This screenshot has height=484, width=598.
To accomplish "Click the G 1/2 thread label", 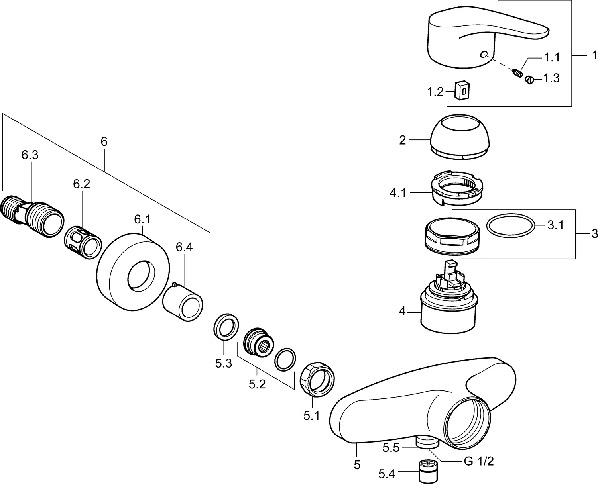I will [479, 461].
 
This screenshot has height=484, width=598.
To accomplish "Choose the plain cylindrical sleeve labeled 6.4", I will [183, 301].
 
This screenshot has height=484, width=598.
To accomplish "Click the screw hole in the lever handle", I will [484, 55].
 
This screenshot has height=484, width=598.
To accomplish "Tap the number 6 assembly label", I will [104, 142].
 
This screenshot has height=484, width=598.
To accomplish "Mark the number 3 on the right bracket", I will [594, 234].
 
